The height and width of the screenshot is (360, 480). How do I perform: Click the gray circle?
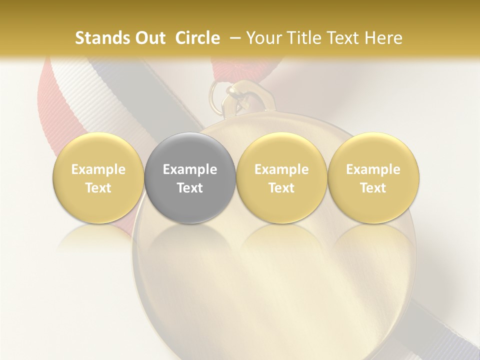[x=190, y=177]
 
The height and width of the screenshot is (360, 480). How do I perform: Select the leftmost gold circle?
[x=98, y=177]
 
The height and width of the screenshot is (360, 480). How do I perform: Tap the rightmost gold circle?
[x=373, y=177]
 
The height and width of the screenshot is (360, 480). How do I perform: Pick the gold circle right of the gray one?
[x=281, y=177]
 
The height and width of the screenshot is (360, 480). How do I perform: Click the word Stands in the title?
[x=101, y=38]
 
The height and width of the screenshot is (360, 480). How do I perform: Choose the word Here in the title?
[x=383, y=38]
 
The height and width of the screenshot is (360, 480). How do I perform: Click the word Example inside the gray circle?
[x=190, y=169]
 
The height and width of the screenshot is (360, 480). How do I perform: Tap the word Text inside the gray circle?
[x=190, y=188]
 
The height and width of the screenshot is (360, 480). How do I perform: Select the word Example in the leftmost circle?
[x=98, y=169]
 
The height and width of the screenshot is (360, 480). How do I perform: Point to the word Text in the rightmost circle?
[x=373, y=188]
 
